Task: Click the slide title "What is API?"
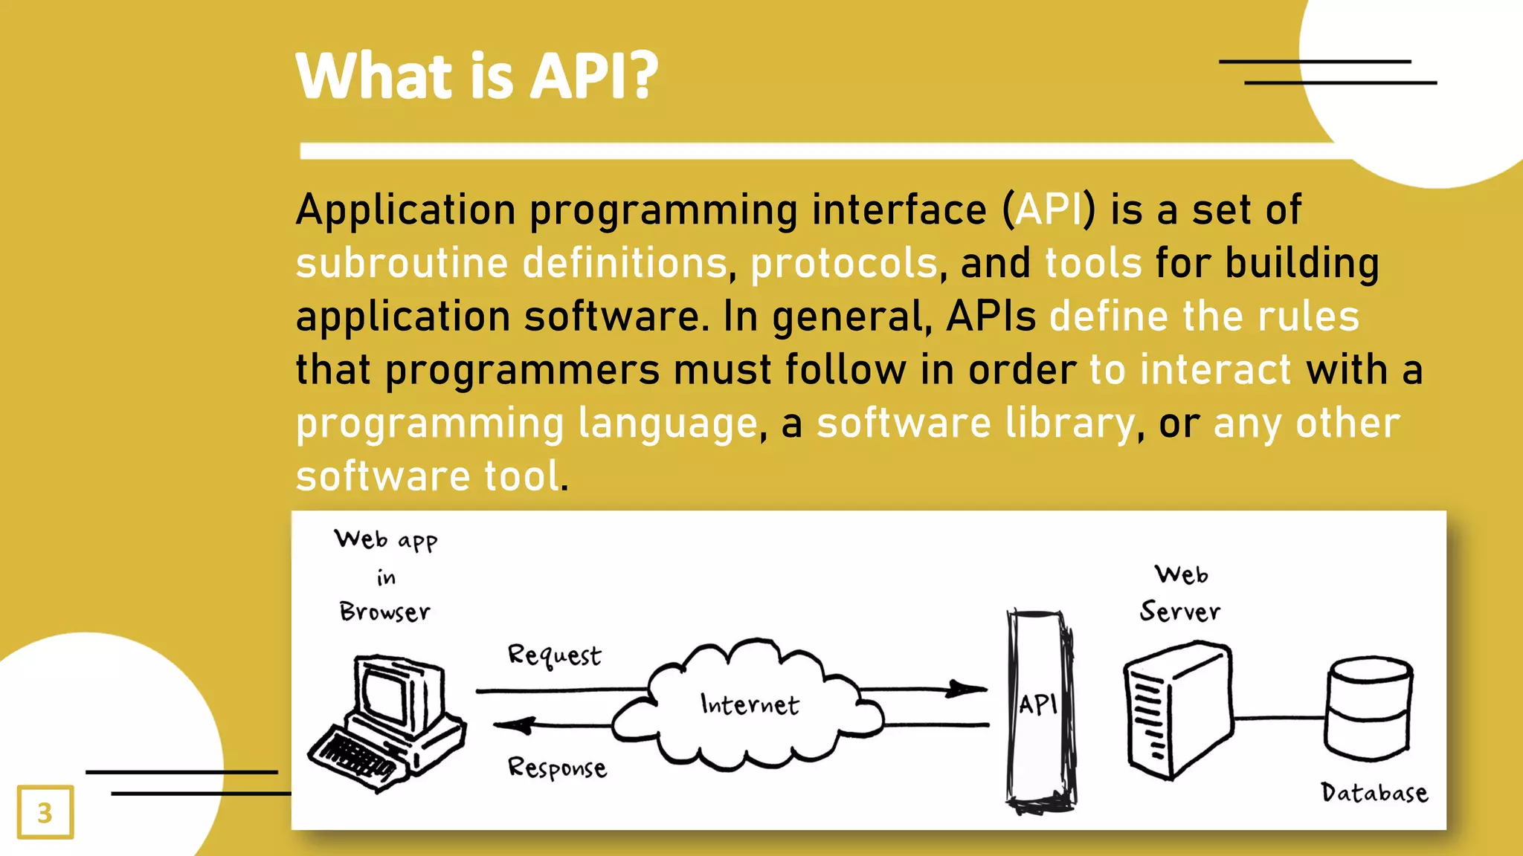coord(477,76)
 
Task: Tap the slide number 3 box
coord(45,812)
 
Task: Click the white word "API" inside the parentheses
coord(1049,210)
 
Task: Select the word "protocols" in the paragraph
coord(844,264)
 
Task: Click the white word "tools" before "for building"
coord(1093,264)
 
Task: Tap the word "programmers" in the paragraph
coord(522,370)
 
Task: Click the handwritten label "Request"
coord(554,655)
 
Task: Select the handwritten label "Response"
coord(557,768)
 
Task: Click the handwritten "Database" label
coord(1374,793)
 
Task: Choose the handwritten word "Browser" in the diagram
coord(384,612)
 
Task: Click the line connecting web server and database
coord(1279,718)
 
